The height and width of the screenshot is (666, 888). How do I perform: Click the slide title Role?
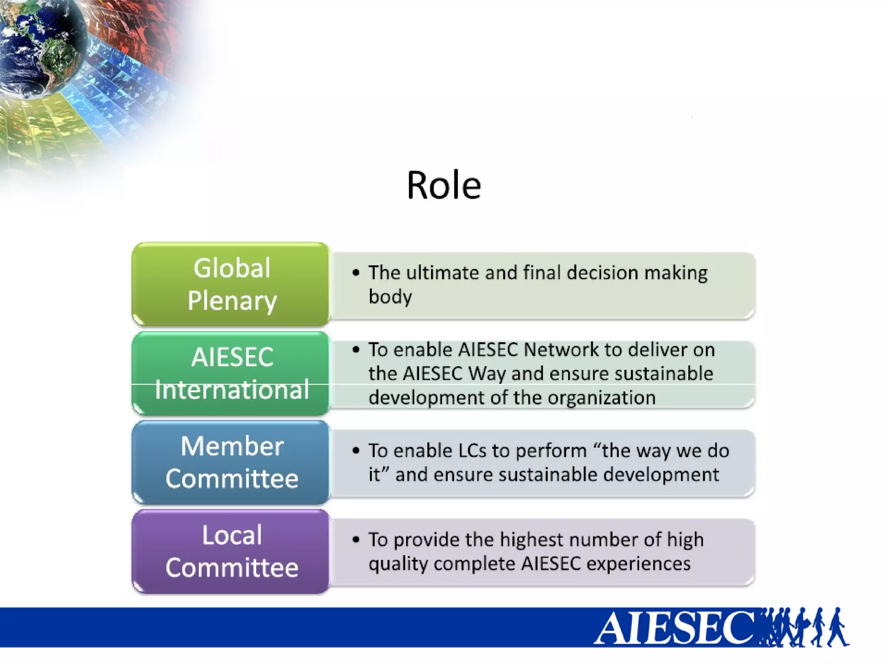click(x=444, y=186)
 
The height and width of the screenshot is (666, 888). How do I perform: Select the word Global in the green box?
click(x=232, y=268)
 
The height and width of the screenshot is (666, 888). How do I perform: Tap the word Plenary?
click(x=232, y=300)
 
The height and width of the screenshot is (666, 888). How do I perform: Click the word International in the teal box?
click(x=232, y=389)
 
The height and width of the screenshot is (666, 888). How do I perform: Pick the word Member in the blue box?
click(x=232, y=446)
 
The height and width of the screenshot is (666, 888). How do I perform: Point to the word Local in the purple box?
click(x=232, y=535)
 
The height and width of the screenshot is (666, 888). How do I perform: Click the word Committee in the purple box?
click(x=232, y=568)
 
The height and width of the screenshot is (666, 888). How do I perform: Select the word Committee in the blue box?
click(x=232, y=479)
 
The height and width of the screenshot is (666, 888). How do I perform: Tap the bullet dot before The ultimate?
click(x=356, y=273)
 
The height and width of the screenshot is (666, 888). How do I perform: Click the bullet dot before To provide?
click(x=356, y=540)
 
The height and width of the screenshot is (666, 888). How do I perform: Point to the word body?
click(x=390, y=297)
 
